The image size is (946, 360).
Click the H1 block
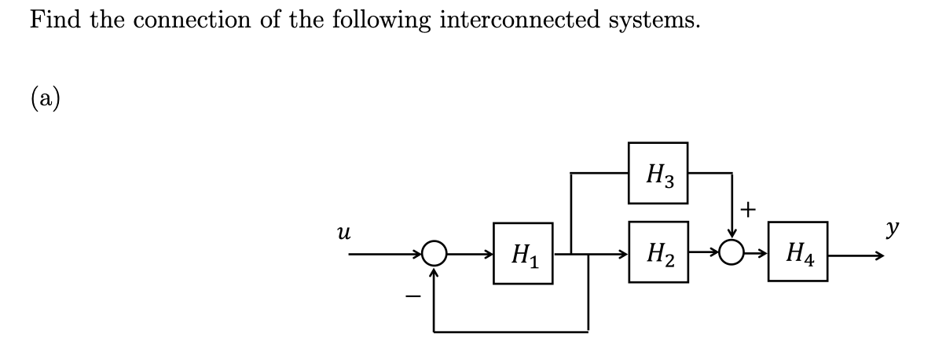click(523, 253)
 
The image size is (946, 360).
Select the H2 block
click(658, 253)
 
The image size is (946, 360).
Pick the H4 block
click(797, 253)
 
